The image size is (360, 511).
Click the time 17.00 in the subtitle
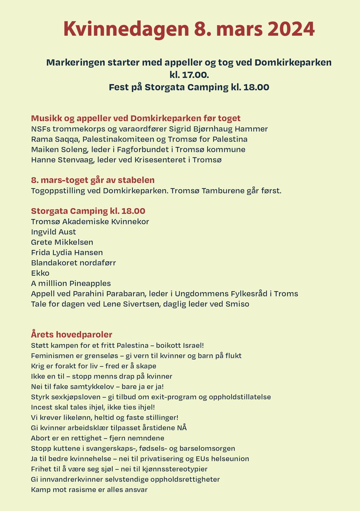click(x=195, y=75)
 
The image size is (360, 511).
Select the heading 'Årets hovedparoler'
click(x=71, y=334)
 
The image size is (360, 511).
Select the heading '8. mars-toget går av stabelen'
click(x=93, y=180)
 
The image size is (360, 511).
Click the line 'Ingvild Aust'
click(x=53, y=232)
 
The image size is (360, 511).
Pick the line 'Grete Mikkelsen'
click(x=62, y=242)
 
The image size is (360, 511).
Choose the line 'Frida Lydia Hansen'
click(x=67, y=252)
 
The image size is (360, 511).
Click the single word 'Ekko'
click(x=40, y=273)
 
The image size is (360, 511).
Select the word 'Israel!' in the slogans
click(x=193, y=345)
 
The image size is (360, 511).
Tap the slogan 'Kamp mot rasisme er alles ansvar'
click(x=89, y=489)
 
